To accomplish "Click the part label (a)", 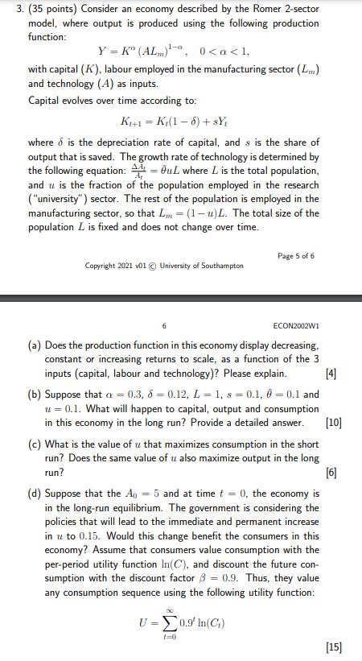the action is point(35,344).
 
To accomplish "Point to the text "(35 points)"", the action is point(51,11).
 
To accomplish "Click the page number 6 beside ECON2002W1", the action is point(165,327).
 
